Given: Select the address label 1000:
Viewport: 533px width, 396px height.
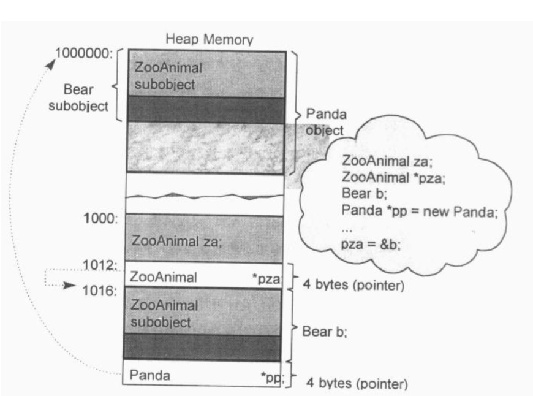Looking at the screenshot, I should click(x=101, y=219).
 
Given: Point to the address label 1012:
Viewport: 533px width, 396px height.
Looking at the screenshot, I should click(x=100, y=265).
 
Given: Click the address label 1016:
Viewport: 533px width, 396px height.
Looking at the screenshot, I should click(x=100, y=289).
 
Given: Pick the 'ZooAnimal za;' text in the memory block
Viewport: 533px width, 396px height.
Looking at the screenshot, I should click(x=177, y=241).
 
